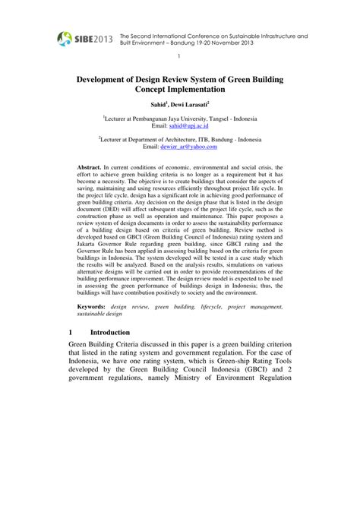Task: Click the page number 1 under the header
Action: (179, 57)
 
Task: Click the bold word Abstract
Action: (94, 166)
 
